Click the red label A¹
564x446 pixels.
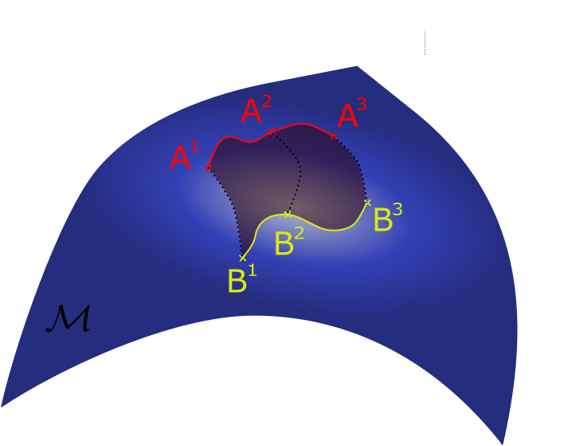pos(183,156)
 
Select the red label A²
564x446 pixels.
pos(256,111)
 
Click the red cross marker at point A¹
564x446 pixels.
pos(208,168)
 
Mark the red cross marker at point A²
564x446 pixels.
pos(272,131)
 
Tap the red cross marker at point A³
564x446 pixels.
pos(333,136)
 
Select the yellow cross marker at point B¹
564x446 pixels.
pos(242,258)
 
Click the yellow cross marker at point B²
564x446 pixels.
pos(288,214)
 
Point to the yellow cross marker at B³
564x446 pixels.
pos(367,202)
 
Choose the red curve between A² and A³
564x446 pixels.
pos(303,124)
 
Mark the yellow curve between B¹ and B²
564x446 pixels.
pos(260,229)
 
